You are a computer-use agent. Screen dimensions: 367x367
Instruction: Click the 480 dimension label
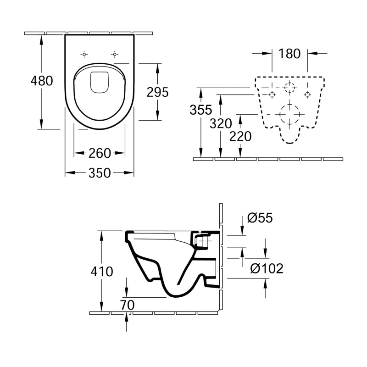point(42,81)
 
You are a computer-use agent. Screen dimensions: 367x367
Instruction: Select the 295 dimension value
point(158,92)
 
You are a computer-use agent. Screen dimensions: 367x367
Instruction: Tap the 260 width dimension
point(100,153)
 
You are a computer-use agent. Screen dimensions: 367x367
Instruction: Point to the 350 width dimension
point(100,173)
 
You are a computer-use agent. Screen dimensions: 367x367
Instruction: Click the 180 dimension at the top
point(289,54)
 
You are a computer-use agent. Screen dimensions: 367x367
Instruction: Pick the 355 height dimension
point(201,110)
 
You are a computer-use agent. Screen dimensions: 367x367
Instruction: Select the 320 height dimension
point(221,123)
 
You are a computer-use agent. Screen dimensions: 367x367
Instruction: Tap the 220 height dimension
point(241,136)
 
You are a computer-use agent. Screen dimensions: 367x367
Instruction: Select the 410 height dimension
point(101,271)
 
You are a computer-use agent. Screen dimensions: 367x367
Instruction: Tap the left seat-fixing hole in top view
point(84,54)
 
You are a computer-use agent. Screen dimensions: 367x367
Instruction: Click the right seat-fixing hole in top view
point(114,54)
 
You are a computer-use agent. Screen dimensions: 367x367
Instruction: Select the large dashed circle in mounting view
point(289,113)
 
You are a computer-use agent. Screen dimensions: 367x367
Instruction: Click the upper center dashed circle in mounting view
point(289,87)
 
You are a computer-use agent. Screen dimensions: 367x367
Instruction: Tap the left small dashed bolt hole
point(272,94)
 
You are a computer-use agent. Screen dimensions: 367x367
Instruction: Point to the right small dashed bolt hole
point(307,94)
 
